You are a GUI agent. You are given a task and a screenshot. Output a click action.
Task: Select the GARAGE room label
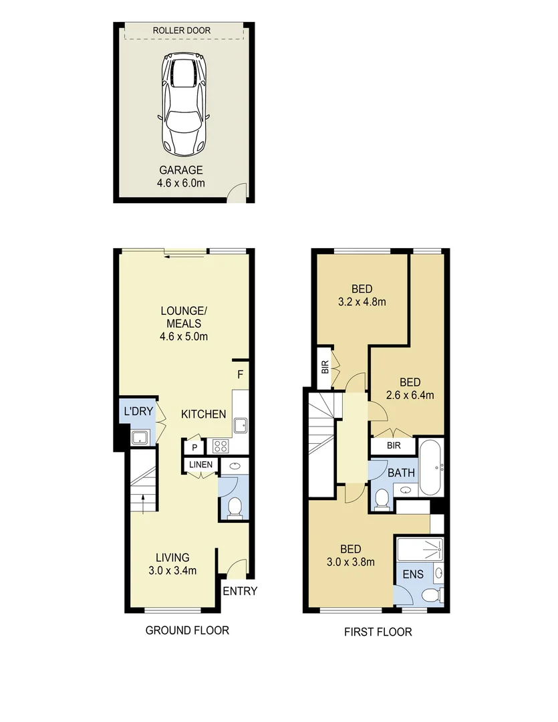[180, 170]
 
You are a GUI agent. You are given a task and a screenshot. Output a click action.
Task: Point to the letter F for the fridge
[240, 374]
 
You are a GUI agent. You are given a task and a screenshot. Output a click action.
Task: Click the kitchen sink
[241, 425]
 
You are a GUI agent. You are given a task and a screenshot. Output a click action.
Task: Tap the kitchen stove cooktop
[221, 446]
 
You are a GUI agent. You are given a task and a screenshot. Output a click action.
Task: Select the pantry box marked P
[194, 447]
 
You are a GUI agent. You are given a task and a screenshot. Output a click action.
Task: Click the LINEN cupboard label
[200, 465]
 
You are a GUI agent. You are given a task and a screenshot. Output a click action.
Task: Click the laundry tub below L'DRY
[140, 438]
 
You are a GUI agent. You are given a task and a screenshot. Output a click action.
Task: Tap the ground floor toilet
[235, 509]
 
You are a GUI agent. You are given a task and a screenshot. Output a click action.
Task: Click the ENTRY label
[239, 591]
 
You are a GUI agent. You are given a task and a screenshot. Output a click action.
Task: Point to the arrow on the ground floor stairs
[143, 505]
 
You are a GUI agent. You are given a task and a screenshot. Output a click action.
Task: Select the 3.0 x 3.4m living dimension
[172, 570]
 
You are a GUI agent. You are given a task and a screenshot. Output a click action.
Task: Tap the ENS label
[413, 574]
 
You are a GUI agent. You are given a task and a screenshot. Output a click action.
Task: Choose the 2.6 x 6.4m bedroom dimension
[410, 395]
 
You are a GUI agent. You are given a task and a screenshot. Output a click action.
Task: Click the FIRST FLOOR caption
[378, 632]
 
